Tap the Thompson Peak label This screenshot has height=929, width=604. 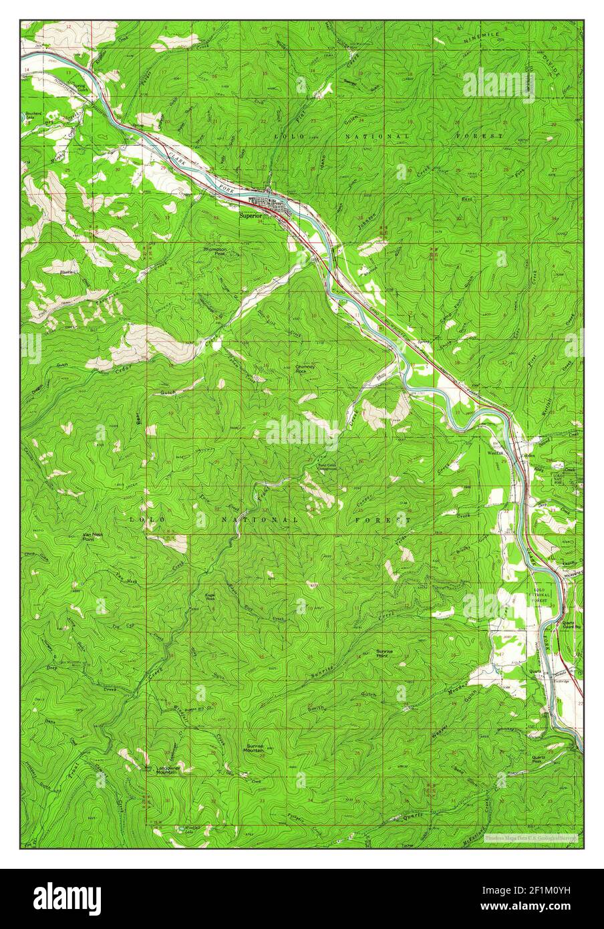pyautogui.click(x=215, y=251)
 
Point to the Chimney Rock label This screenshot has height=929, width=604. pyautogui.click(x=305, y=368)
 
